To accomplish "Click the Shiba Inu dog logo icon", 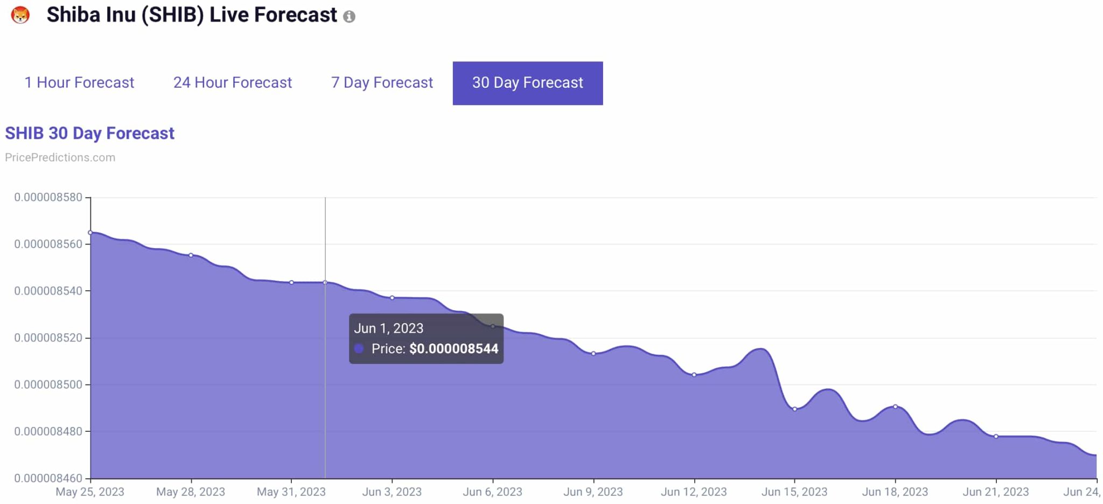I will point(20,15).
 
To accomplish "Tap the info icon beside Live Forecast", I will point(349,17).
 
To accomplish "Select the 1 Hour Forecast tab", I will point(79,82).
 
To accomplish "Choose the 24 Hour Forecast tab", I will point(232,82).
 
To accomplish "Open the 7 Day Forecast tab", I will point(381,82).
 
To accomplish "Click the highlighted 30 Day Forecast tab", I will point(527,83).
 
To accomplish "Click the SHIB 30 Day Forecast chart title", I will point(89,133).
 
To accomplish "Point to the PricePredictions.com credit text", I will point(60,157).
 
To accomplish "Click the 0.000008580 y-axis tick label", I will point(48,197).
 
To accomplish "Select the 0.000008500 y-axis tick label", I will point(48,384).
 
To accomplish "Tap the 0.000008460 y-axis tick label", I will point(48,478).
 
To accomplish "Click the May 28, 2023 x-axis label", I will point(190,492).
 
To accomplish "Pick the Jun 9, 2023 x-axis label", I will point(592,492).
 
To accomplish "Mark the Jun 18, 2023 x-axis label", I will point(895,492).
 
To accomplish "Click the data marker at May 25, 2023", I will point(90,233).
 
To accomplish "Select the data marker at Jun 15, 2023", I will point(794,409).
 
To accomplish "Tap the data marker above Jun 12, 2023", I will point(694,375).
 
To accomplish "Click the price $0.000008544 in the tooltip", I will point(453,349).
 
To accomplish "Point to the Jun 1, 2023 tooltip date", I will point(388,328).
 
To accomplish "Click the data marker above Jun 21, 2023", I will point(996,436).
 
